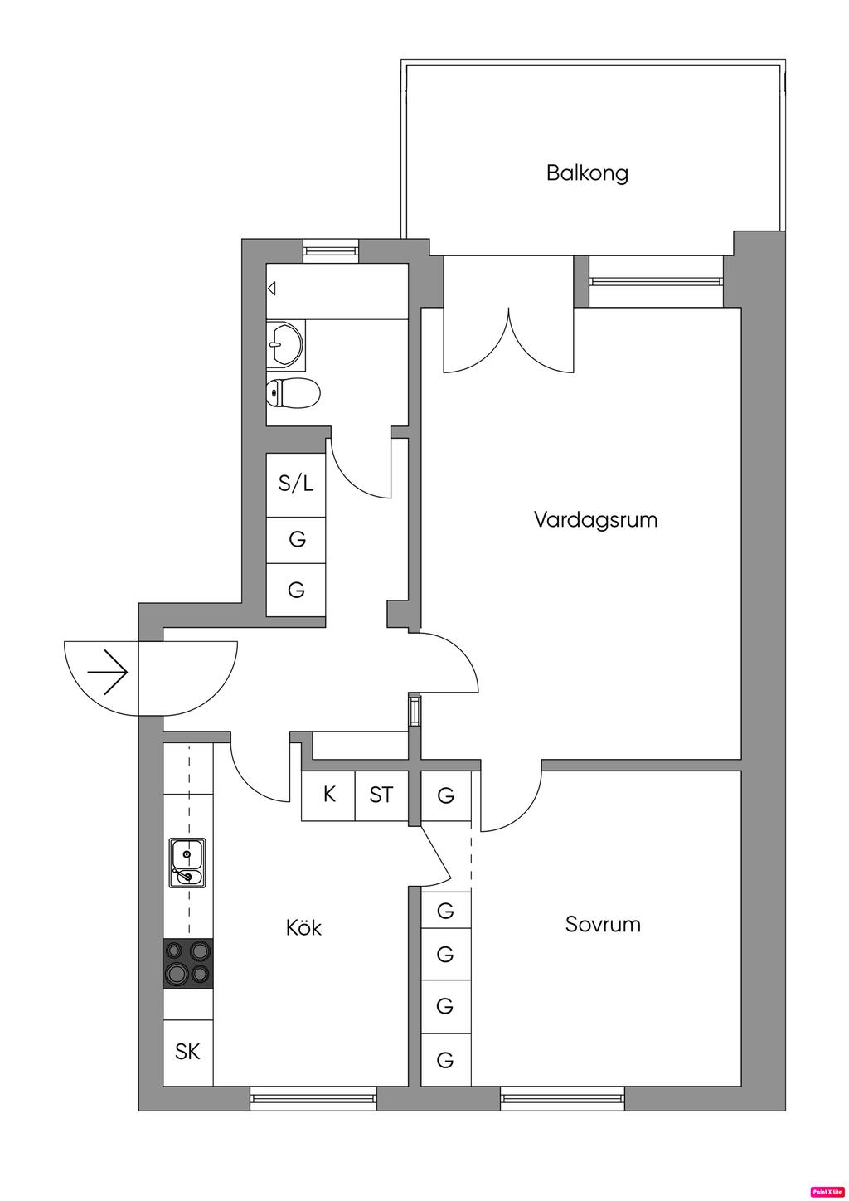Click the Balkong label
tap(587, 173)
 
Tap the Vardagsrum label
tap(595, 520)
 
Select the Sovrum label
tap(603, 924)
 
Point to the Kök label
tap(303, 926)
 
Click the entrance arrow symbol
tap(109, 671)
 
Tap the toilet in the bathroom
tap(293, 393)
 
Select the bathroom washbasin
tap(284, 342)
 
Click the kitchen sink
tap(187, 863)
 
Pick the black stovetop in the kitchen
tap(187, 963)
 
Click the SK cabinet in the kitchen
tap(187, 1052)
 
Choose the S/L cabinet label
tap(296, 484)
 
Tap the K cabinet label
tap(329, 795)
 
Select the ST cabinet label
tap(381, 795)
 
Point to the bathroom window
tap(331, 250)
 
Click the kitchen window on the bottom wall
tap(313, 1100)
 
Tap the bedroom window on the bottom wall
tap(562, 1100)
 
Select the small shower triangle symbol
tap(271, 289)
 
